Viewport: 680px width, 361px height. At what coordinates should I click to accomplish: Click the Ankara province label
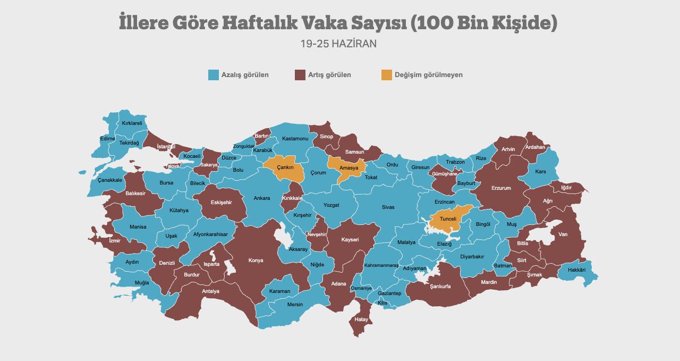coord(261,198)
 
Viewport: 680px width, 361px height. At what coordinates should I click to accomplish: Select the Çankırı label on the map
coord(285,167)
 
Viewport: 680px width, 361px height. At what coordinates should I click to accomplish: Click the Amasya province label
coord(349,168)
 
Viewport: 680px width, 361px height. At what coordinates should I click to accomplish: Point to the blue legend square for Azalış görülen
coord(214,75)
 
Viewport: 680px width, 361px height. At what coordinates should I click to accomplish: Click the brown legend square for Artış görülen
coord(300,75)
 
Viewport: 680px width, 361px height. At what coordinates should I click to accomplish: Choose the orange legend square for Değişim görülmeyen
coord(387,75)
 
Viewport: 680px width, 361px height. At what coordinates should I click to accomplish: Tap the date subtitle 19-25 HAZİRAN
coord(338,44)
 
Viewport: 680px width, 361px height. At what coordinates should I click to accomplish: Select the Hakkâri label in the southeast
coord(576,270)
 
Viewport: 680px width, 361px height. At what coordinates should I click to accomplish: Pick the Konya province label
coord(256,261)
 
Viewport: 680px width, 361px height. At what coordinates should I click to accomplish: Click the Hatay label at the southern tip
coord(361,320)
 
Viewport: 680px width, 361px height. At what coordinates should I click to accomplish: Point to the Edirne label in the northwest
coord(107,139)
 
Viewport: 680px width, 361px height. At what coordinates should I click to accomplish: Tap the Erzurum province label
coord(501,188)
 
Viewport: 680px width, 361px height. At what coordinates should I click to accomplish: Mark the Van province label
coord(563,234)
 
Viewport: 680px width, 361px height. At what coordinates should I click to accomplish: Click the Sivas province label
coord(388,207)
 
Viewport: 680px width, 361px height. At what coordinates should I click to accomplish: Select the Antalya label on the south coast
coord(210,291)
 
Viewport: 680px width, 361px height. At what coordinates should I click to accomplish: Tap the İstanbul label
coord(166,146)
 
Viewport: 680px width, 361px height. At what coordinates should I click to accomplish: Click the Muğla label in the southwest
coord(142,283)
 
